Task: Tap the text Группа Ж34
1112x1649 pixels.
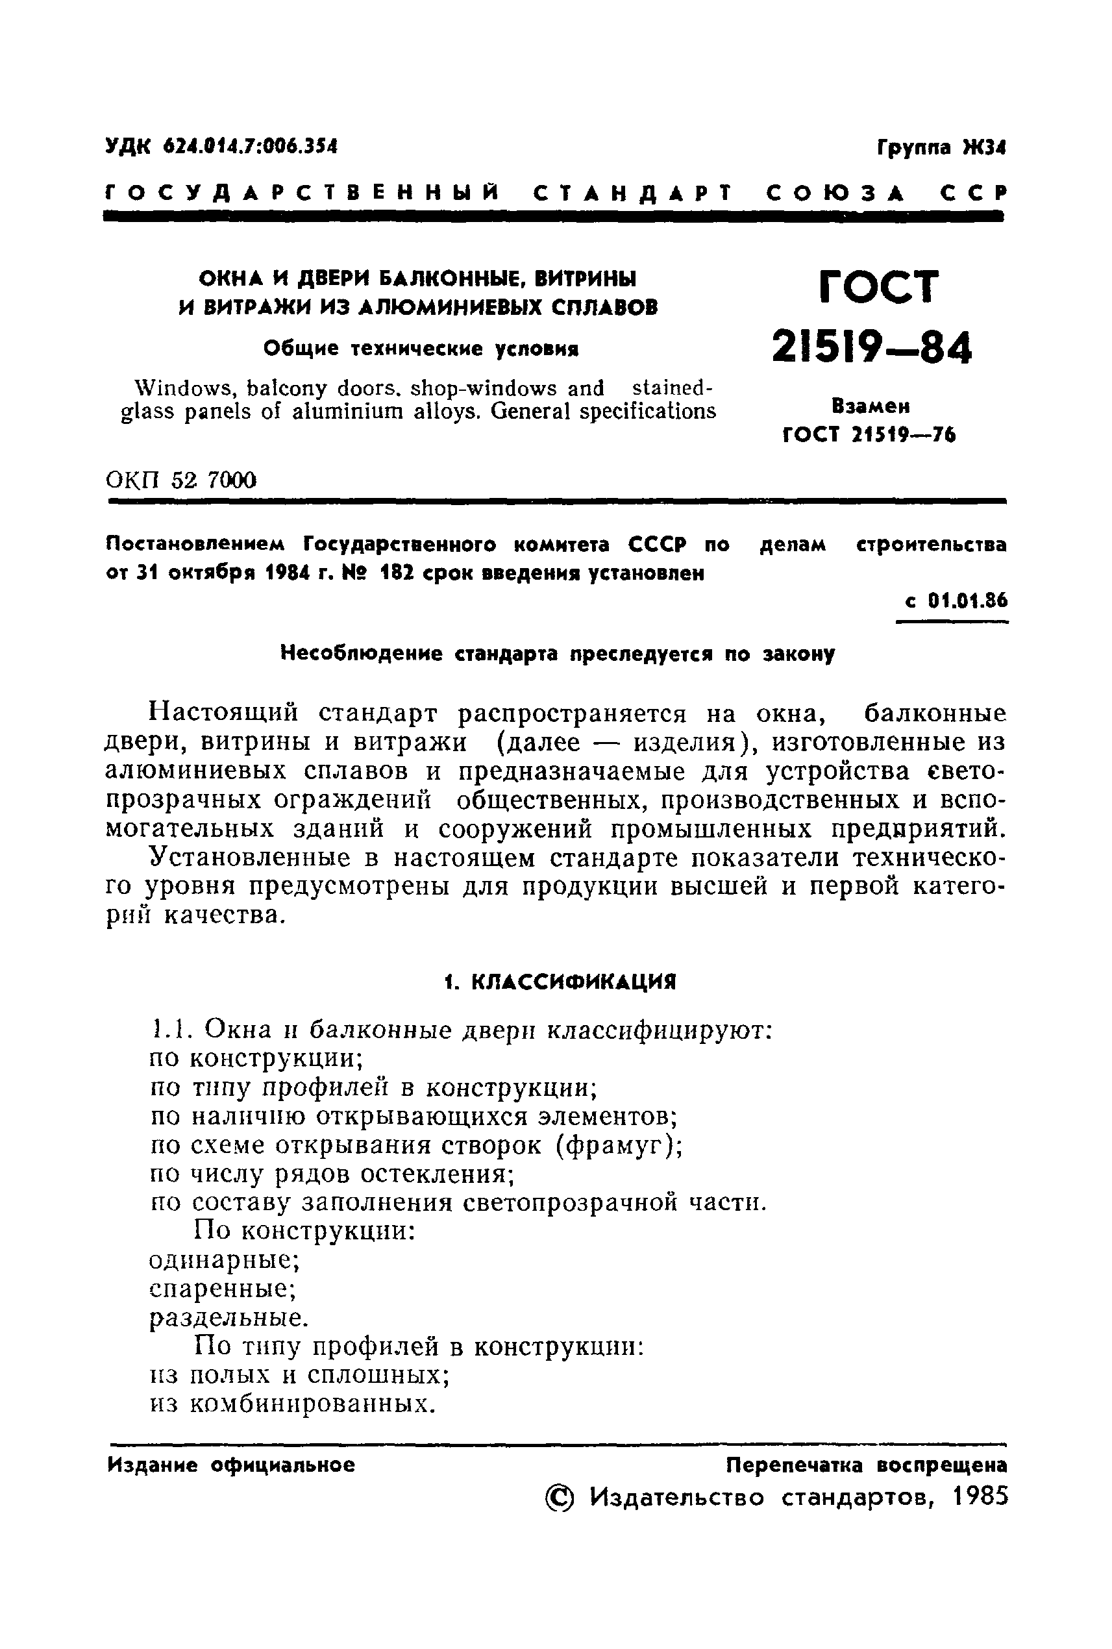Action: pos(941,148)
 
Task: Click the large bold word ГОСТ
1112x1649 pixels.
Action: pos(879,287)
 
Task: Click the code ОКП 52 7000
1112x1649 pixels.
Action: pos(181,480)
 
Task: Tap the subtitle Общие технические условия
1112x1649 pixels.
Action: pos(421,349)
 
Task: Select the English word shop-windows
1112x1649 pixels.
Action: pos(484,388)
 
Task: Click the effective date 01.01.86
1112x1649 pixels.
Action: pos(967,601)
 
